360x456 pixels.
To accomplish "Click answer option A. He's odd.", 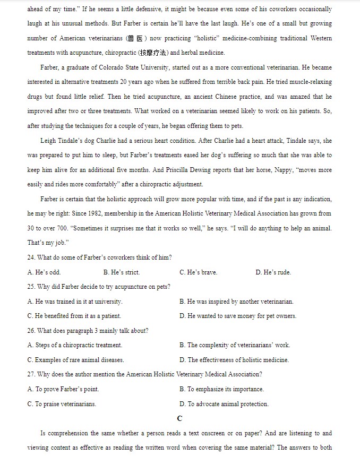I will pos(44,272).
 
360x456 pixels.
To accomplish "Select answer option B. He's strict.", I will pos(122,272).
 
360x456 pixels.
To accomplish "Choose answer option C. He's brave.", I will pos(198,272).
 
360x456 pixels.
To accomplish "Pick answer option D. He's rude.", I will pos(273,272).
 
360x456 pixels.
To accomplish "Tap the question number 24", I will pos(31,257).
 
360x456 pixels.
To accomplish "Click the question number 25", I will pos(31,287).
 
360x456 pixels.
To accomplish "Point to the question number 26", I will pos(31,331).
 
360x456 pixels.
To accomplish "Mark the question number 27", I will pos(31,374).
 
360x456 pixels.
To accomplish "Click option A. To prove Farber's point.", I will pos(63,389).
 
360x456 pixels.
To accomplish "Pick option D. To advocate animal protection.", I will pos(224,404).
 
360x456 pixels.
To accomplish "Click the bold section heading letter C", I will pos(180,418).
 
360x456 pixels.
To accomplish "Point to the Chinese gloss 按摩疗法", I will pos(152,53).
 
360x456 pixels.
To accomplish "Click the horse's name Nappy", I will pos(284,170).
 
